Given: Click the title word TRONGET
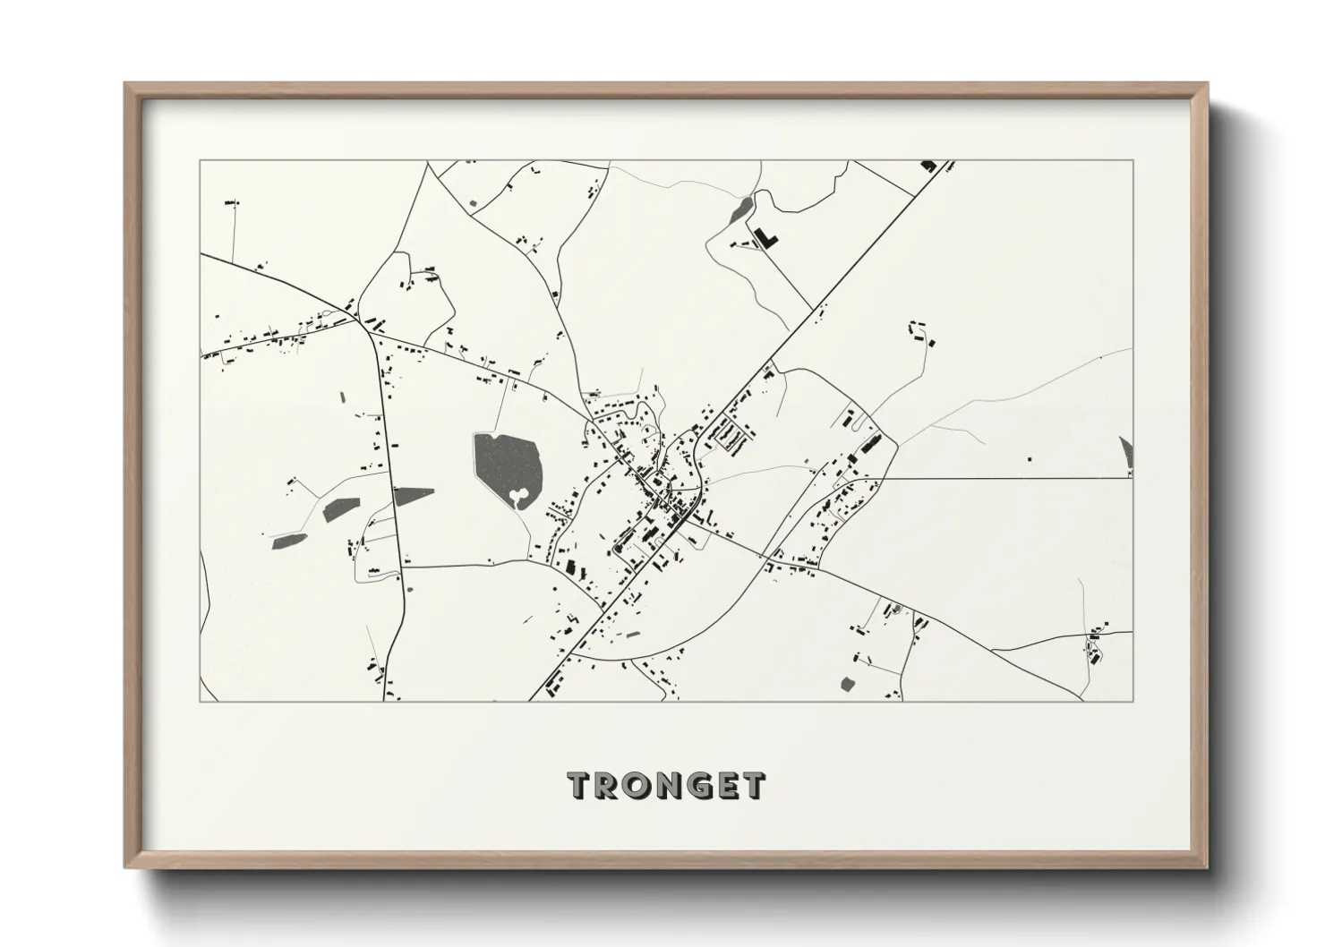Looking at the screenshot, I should (666, 785).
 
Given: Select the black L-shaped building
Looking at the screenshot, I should (766, 237).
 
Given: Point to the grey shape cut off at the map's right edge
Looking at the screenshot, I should (1126, 452).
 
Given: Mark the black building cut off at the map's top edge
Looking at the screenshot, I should (927, 166).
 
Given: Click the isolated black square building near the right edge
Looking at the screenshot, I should (1029, 459).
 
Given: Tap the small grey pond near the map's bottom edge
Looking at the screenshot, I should (847, 685).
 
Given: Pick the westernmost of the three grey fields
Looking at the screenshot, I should (289, 541).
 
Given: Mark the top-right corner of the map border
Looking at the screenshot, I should (1133, 160).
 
